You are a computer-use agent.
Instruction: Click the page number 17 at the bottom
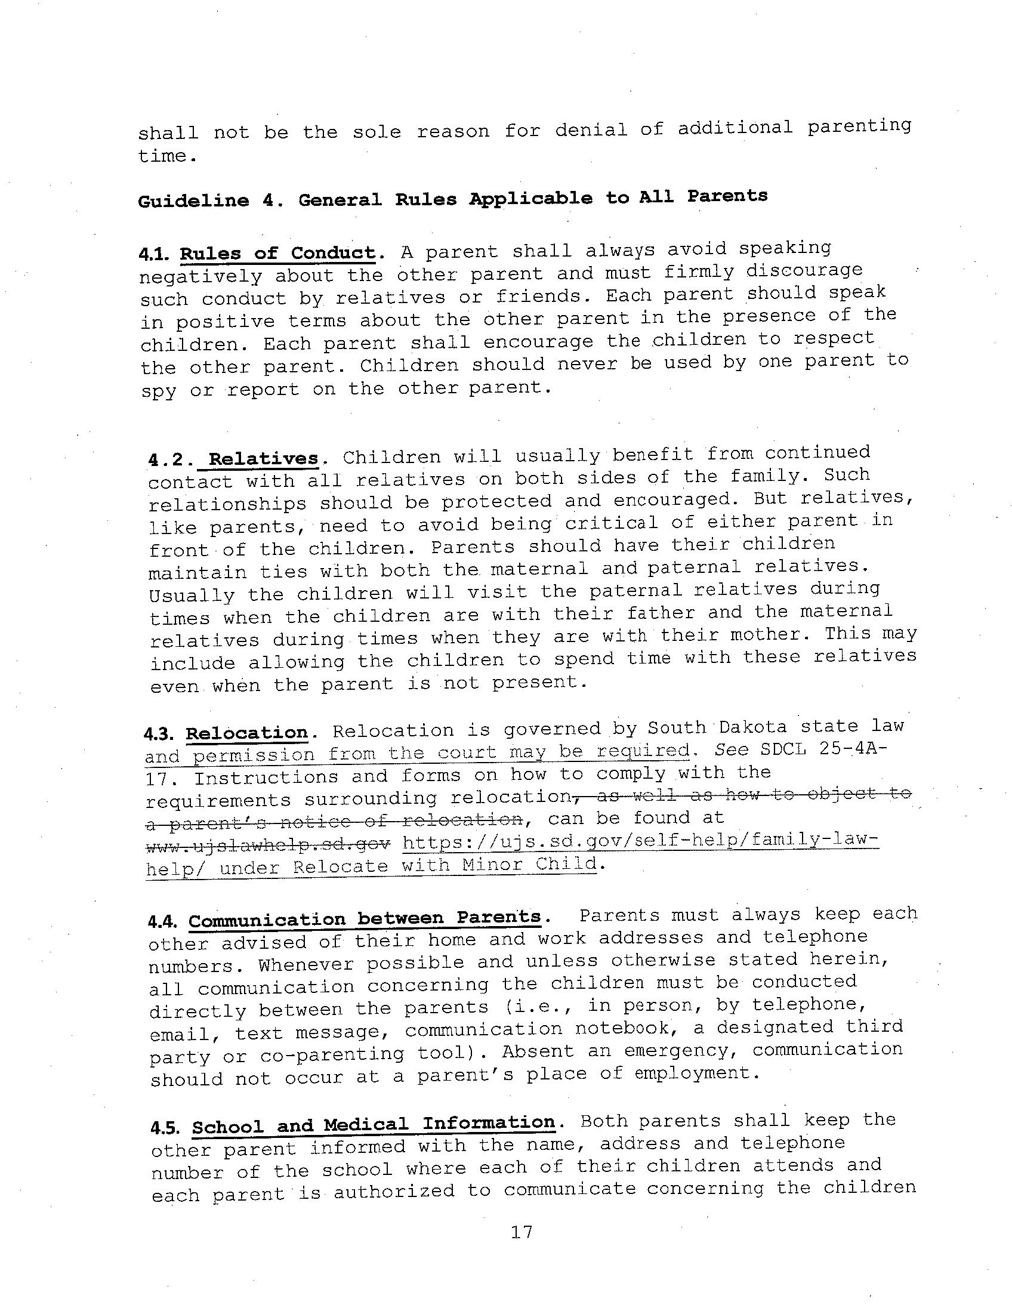tap(522, 1233)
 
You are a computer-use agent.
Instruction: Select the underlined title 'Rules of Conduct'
tap(278, 253)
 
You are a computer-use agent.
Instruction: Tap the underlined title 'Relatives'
tap(263, 459)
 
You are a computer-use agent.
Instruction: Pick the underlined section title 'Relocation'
tap(246, 733)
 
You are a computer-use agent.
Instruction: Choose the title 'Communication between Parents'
tap(365, 919)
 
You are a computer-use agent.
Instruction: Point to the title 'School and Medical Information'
tap(373, 1124)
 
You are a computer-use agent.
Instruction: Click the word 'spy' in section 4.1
tap(159, 391)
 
